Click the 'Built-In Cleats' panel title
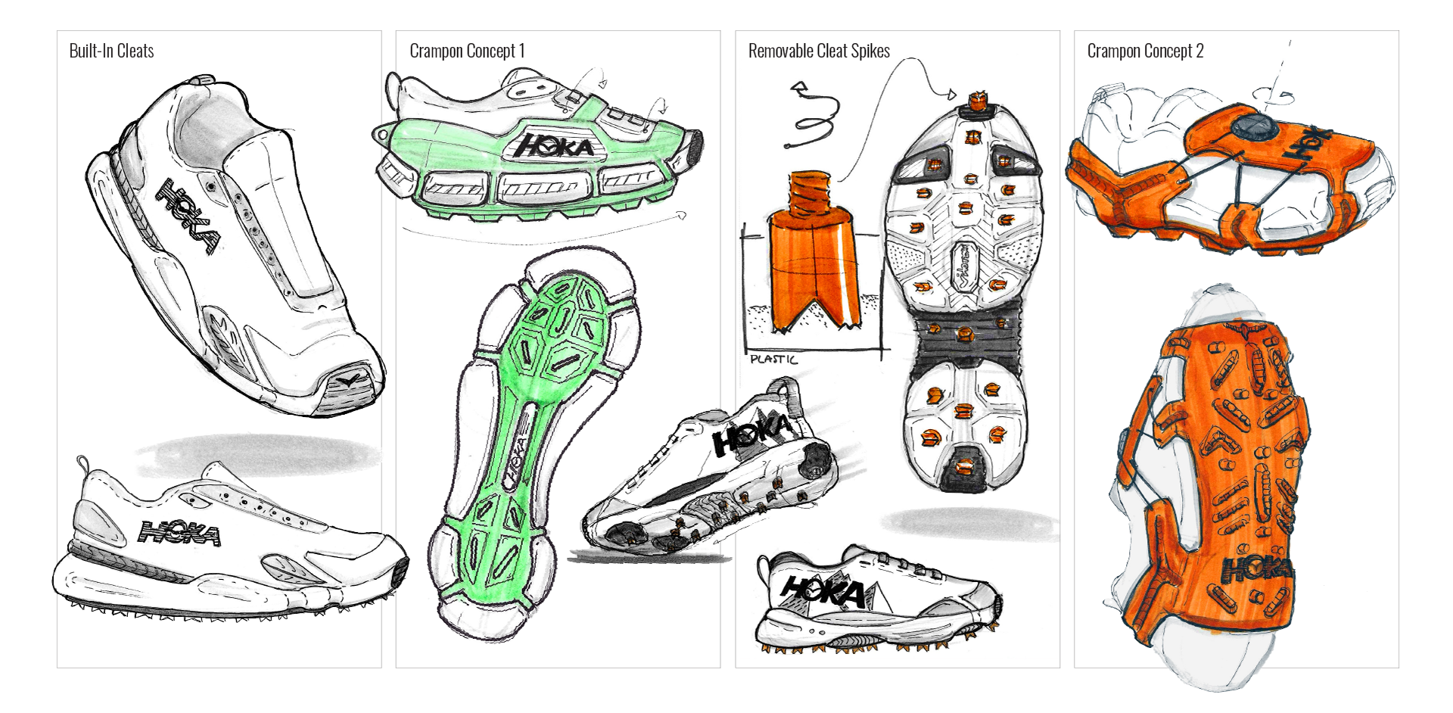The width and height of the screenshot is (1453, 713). pos(111,51)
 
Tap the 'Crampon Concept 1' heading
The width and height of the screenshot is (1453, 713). pos(467,51)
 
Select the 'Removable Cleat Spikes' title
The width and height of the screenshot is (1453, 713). pos(819,51)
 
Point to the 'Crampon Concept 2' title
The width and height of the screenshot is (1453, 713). pos(1145,51)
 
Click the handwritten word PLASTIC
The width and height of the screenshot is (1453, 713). pos(773,360)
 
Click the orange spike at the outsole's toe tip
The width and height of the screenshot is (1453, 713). pos(979,101)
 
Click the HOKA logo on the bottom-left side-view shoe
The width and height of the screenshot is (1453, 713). pos(180,533)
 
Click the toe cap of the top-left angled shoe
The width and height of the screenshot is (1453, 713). pos(352,386)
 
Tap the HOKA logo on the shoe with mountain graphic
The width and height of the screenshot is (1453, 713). pos(823,590)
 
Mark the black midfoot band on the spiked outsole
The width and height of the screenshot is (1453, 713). pos(965,333)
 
